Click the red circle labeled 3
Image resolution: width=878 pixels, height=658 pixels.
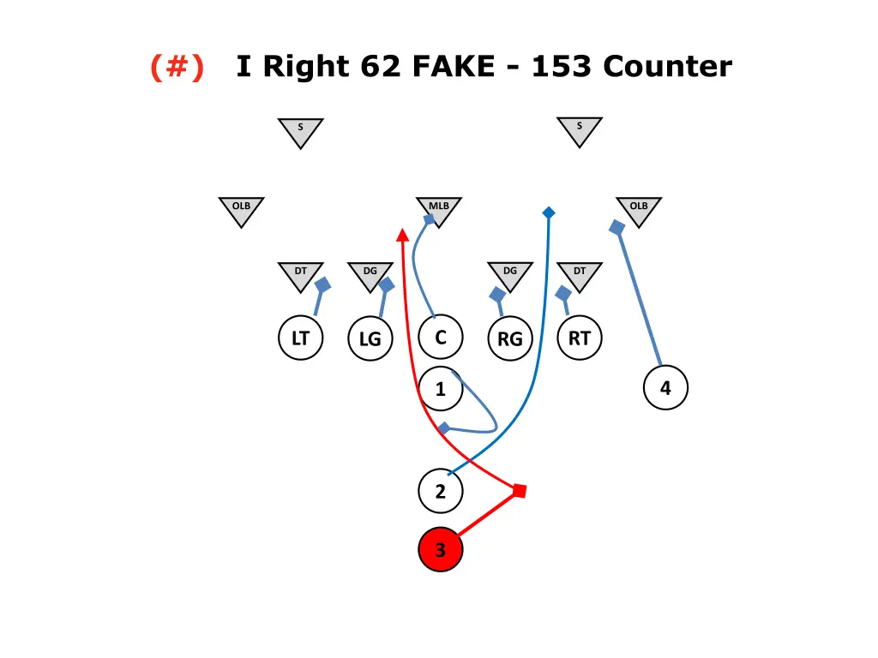tap(441, 549)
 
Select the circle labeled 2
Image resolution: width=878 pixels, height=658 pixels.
tap(441, 492)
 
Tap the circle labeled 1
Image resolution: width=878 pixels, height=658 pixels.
tap(441, 389)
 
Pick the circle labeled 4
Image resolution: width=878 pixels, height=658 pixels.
tap(665, 389)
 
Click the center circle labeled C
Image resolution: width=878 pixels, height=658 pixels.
tap(441, 338)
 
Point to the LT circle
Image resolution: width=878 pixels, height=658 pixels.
tap(300, 338)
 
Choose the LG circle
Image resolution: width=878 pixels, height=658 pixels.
tap(370, 339)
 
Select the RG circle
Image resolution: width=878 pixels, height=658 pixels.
tap(509, 339)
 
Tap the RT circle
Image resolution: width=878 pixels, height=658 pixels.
tap(580, 338)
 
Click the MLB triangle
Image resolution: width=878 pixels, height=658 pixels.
tap(439, 210)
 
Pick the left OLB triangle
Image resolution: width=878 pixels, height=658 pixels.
tap(241, 210)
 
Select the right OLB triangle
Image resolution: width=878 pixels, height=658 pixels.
tap(639, 210)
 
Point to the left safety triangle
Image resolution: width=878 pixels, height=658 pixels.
tap(300, 131)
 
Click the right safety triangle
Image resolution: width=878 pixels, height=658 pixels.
tap(580, 130)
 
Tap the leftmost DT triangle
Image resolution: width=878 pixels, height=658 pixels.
tap(300, 275)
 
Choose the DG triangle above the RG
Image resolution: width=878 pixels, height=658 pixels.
tap(509, 275)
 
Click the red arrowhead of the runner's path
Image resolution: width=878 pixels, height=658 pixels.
tap(401, 234)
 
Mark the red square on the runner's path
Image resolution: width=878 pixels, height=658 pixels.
tap(519, 491)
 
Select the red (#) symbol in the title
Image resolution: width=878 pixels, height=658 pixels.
tap(177, 66)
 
